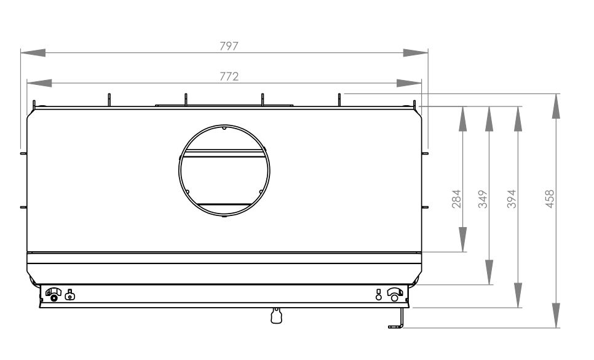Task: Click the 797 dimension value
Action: (229, 46)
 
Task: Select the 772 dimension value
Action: (229, 76)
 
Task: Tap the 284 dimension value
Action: (456, 199)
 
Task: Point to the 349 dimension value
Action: (483, 199)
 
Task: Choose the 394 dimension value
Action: (512, 199)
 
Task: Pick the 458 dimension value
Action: (549, 199)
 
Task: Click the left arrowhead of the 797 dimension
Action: (33, 53)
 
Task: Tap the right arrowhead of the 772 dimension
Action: (409, 83)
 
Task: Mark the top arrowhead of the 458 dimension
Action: (556, 106)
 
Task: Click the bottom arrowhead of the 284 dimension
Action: (462, 239)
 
